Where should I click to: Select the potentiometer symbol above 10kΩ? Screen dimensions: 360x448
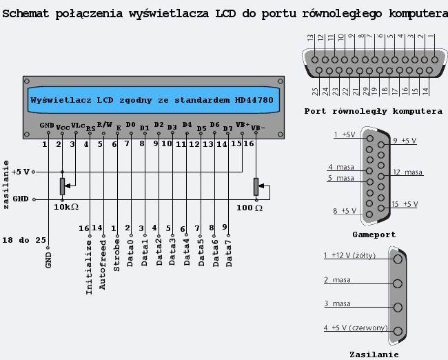point(62,186)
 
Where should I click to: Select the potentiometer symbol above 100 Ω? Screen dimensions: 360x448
point(256,186)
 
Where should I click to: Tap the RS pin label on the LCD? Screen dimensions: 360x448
point(90,128)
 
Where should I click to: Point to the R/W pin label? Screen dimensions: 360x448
point(103,124)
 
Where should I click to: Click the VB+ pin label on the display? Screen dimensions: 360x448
point(242,125)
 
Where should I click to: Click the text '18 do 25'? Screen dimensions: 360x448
point(26,239)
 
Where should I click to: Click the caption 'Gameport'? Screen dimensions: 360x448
point(374,234)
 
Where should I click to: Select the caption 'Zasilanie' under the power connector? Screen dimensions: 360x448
point(374,354)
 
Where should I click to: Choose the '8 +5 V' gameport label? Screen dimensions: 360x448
point(344,210)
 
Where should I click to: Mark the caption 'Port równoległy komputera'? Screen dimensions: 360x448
point(374,111)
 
